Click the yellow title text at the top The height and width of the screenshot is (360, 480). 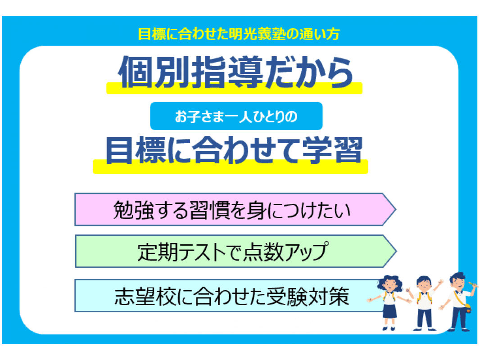point(239,34)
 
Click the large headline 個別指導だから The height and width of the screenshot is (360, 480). point(235,72)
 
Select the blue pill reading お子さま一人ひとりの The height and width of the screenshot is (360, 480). point(236,116)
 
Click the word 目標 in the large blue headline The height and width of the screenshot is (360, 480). point(136,150)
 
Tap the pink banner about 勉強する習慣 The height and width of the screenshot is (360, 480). point(235,210)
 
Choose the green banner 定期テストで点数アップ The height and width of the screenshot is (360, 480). point(235,252)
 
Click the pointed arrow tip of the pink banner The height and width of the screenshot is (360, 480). point(396,210)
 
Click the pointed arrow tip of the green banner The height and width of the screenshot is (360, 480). point(396,252)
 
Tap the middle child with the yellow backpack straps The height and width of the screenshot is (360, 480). point(424,303)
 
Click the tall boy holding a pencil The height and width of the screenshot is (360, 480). point(458,301)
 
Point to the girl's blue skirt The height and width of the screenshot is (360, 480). point(389,310)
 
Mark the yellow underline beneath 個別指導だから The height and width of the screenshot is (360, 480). point(234,88)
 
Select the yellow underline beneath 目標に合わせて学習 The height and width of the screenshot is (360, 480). point(230,166)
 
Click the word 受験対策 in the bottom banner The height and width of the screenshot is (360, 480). point(308,296)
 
